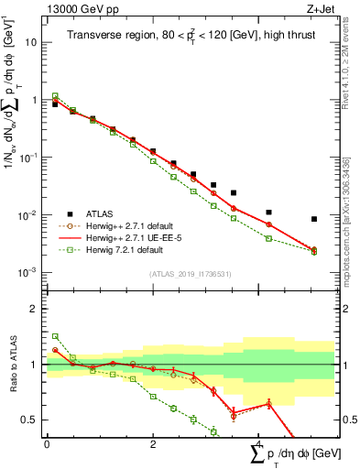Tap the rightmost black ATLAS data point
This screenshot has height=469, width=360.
point(314,219)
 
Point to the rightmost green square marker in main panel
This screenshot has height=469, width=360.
point(314,252)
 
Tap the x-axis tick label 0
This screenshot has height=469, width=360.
point(47,444)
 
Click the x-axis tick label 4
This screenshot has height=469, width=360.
point(259,444)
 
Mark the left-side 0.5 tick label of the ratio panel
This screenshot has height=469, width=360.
point(30,420)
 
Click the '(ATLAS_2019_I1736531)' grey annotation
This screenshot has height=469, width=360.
point(191,274)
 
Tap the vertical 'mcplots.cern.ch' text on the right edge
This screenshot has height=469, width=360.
point(350,247)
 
